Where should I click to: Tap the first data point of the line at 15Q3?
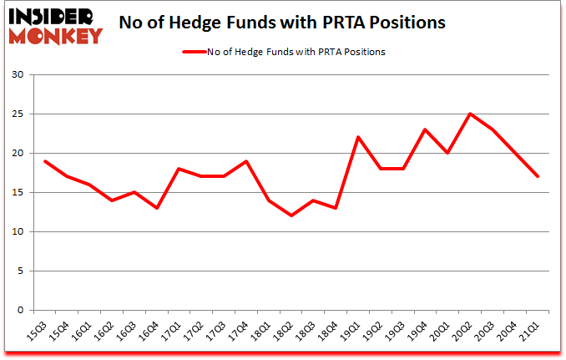(x=45, y=161)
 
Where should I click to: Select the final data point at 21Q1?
(x=537, y=176)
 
